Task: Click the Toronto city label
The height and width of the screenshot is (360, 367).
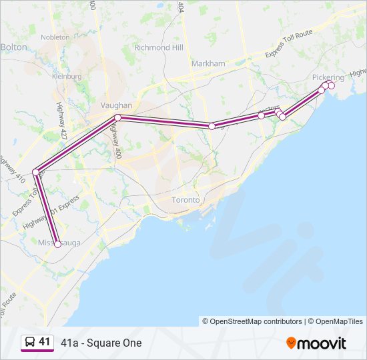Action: (186, 200)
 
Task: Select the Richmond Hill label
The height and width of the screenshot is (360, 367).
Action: (158, 48)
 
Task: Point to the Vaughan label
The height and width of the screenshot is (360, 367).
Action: (116, 105)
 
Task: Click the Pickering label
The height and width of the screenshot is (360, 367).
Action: (328, 77)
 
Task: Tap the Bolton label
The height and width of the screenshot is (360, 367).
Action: (13, 47)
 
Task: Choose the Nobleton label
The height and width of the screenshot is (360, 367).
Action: (55, 37)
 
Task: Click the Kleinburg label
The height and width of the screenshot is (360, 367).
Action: (67, 77)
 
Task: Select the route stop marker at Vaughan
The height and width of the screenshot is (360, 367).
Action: (117, 118)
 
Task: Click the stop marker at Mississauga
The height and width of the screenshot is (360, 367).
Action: (57, 244)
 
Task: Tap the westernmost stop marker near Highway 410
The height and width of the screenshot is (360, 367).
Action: (35, 172)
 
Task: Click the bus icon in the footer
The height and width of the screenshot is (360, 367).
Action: (30, 343)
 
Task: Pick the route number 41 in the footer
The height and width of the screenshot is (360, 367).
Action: (44, 342)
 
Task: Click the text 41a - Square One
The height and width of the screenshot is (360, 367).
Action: (101, 343)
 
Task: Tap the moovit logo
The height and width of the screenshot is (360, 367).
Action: (316, 343)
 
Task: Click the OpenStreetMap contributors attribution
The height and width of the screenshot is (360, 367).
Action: (252, 321)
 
